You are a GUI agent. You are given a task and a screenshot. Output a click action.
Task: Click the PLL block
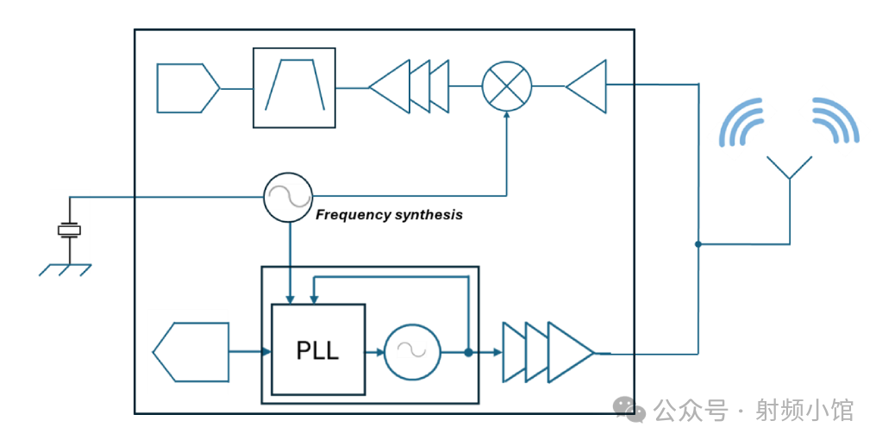(x=318, y=349)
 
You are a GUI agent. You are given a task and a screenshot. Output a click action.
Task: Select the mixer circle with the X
(x=507, y=86)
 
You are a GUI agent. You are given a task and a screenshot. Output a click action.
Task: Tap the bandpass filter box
(x=294, y=88)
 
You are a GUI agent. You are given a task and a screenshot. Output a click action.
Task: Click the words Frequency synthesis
(x=389, y=215)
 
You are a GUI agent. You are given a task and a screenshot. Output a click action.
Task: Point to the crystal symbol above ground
(x=70, y=229)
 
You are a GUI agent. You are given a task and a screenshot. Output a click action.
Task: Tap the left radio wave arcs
(x=744, y=122)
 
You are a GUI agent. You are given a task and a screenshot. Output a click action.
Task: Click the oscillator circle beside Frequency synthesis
(x=288, y=198)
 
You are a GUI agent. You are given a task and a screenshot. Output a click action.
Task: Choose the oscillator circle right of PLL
(x=412, y=351)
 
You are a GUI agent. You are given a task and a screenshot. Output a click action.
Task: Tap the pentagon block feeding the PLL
(x=192, y=351)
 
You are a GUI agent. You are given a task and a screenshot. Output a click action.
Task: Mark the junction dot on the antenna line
(x=698, y=244)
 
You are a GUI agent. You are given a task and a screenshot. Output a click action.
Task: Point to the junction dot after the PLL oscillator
(x=468, y=352)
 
